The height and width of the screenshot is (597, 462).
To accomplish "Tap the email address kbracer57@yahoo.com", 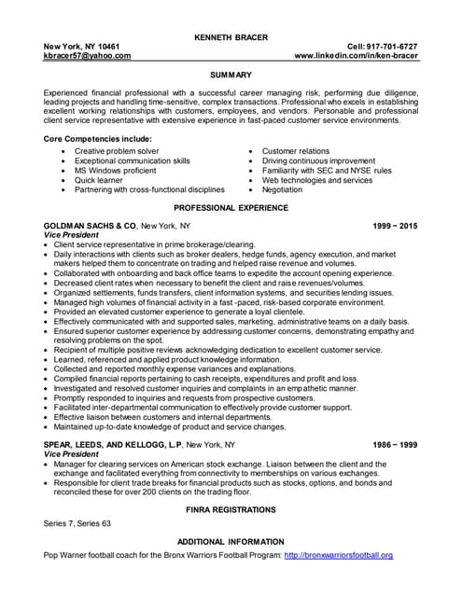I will click(x=87, y=56).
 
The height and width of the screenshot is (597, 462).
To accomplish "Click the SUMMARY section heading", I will click(x=231, y=75).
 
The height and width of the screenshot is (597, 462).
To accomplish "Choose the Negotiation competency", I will click(x=282, y=189).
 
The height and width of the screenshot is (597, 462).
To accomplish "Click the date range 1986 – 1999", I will click(x=395, y=445).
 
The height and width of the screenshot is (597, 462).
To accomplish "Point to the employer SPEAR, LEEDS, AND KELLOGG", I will click(x=106, y=445).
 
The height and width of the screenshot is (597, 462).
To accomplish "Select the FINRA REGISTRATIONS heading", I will click(x=231, y=510).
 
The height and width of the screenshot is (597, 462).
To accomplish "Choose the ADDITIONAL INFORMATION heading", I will click(x=231, y=542).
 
